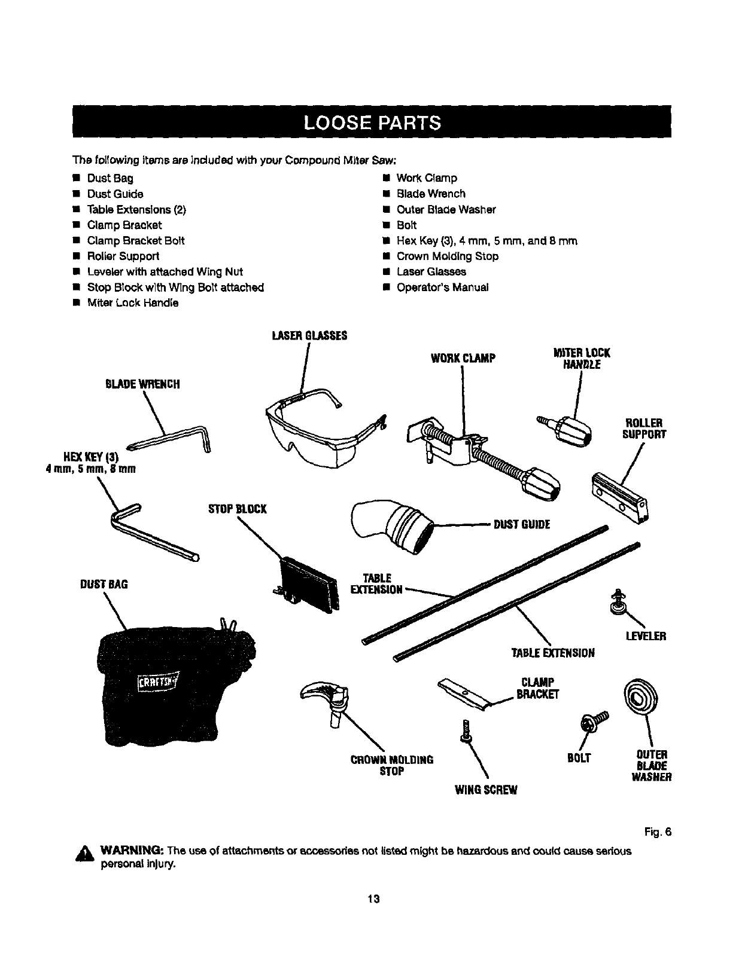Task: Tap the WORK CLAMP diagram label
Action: click(463, 358)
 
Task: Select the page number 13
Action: click(374, 898)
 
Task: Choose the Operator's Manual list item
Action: click(442, 287)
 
